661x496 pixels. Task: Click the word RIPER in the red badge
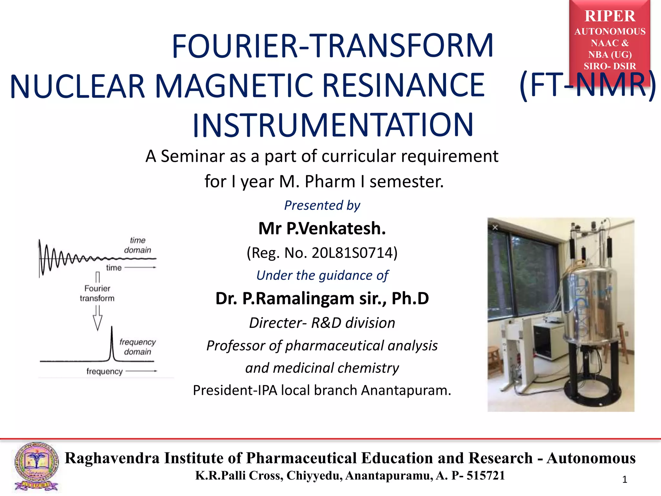[x=610, y=16]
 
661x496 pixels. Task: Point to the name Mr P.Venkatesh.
[x=322, y=229]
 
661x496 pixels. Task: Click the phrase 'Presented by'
[x=322, y=205]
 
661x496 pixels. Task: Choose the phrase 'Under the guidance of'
[x=322, y=275]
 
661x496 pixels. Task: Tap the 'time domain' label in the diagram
[x=137, y=245]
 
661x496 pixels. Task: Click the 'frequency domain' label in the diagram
[x=137, y=347]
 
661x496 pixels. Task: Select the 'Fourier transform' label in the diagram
[x=97, y=293]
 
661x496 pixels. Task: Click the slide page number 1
[x=625, y=480]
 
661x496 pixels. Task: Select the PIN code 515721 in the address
[x=485, y=476]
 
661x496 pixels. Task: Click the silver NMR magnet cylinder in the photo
[x=587, y=307]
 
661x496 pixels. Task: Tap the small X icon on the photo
[x=495, y=228]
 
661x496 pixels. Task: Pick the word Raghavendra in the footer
[x=112, y=458]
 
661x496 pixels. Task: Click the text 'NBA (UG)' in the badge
[x=610, y=55]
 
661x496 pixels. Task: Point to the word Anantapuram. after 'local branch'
[x=406, y=390]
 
